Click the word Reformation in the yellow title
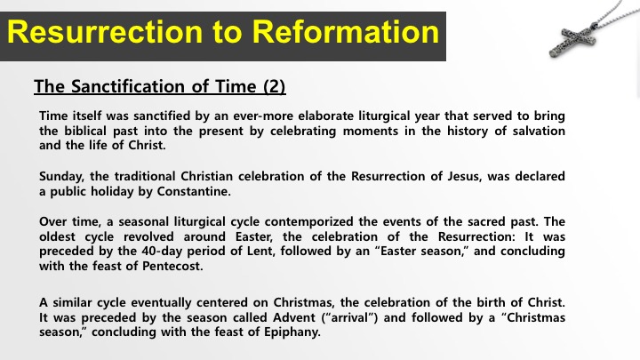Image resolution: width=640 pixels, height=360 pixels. [x=346, y=32]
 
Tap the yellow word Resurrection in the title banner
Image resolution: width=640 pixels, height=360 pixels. [x=105, y=32]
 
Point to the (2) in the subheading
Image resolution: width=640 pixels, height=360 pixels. [x=275, y=86]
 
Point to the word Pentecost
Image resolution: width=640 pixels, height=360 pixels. [x=172, y=266]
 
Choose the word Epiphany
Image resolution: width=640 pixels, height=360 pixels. [x=292, y=332]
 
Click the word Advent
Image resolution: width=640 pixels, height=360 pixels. [x=294, y=317]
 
